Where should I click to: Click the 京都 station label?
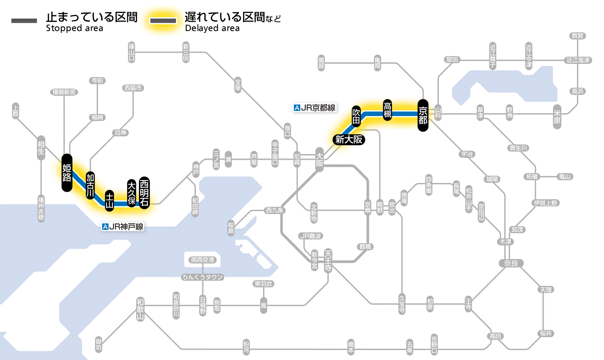(x=423, y=115)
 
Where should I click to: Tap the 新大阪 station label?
(x=348, y=139)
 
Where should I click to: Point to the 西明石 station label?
(x=144, y=193)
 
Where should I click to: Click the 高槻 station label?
(x=387, y=110)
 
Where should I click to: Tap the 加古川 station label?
(x=90, y=185)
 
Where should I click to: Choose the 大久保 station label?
(x=132, y=193)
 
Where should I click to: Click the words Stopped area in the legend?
(x=74, y=28)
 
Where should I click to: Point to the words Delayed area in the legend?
(x=212, y=28)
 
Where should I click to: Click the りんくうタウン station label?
(x=203, y=277)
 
